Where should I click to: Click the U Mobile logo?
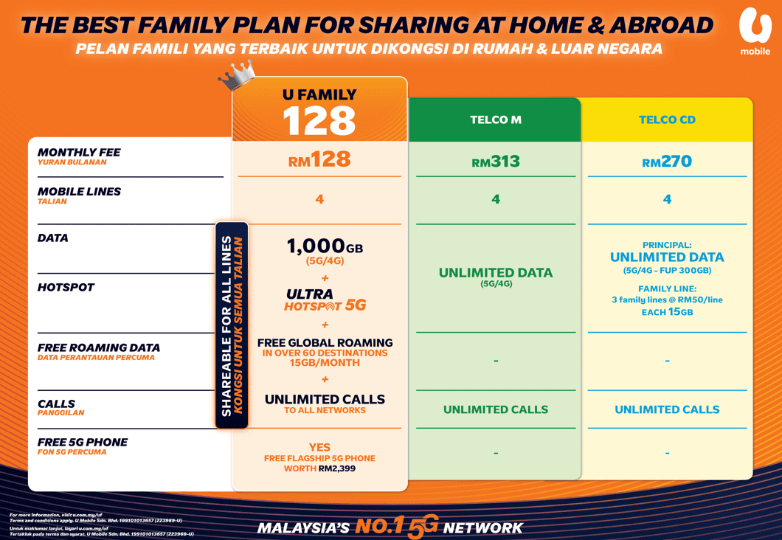click(x=755, y=32)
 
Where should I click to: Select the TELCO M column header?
click(x=495, y=120)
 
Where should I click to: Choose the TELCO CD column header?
click(x=667, y=120)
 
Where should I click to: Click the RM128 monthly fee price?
click(x=319, y=159)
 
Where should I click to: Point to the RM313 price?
click(x=495, y=162)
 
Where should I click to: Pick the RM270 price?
click(x=667, y=162)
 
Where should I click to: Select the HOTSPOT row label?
click(x=66, y=287)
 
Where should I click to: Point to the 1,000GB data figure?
click(x=325, y=246)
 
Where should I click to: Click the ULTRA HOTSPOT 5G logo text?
click(x=325, y=300)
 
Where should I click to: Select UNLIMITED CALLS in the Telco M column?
click(x=495, y=409)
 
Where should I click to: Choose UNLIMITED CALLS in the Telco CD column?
click(x=667, y=409)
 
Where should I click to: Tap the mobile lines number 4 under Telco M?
click(x=495, y=199)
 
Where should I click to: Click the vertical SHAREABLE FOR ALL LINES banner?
click(x=232, y=325)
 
